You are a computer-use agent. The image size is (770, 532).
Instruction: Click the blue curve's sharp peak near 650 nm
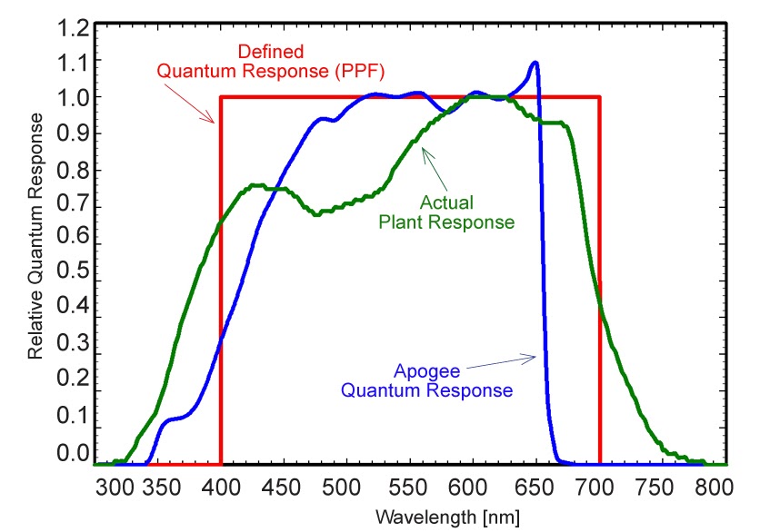(x=535, y=63)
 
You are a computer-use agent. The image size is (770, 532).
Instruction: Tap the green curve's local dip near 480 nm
(x=316, y=214)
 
